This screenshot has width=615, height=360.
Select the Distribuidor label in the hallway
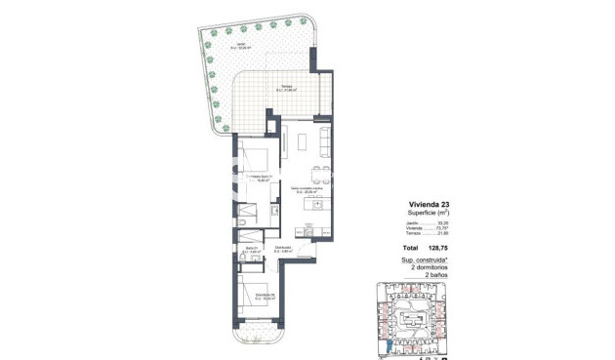(283, 248)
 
